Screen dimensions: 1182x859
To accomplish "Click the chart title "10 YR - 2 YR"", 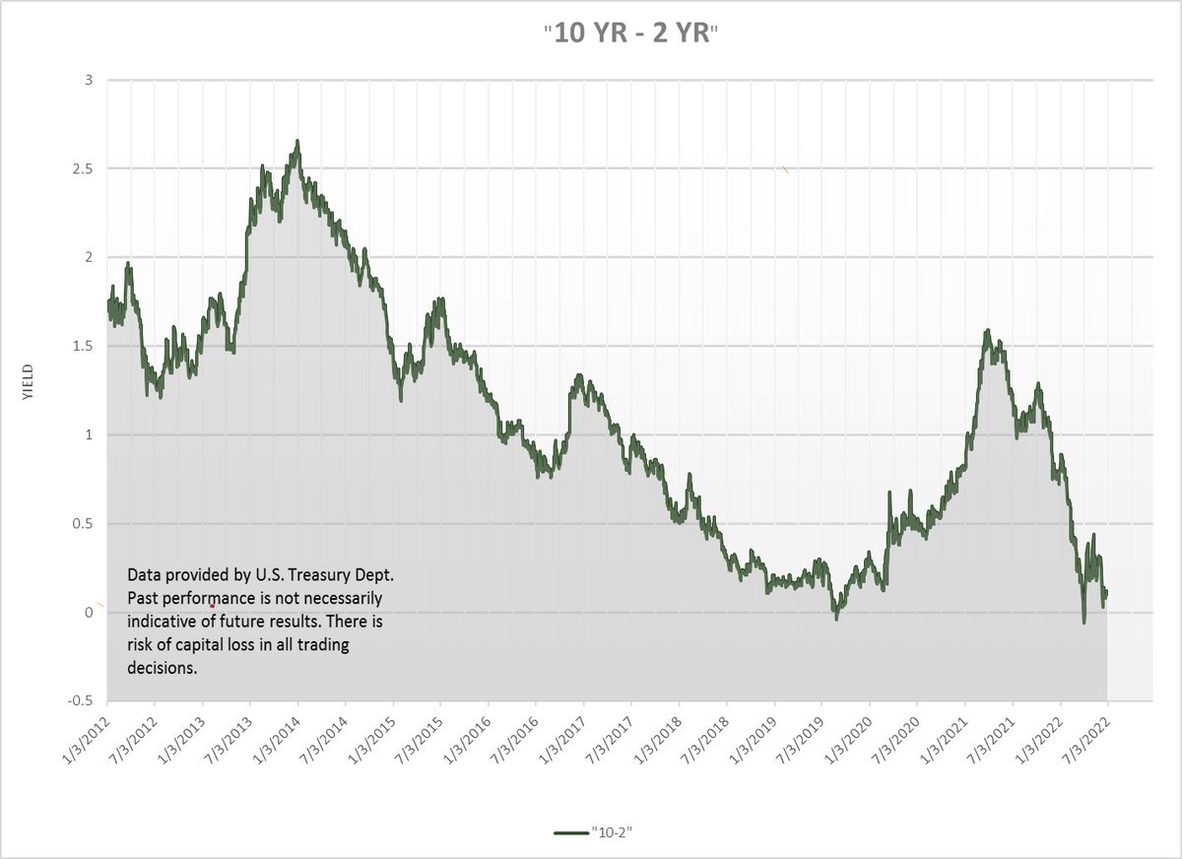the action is [x=631, y=33].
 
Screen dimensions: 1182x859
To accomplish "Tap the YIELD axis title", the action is [x=28, y=381].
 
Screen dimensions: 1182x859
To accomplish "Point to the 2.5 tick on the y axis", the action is [x=84, y=168].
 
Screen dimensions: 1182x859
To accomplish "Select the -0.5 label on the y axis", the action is [x=80, y=700].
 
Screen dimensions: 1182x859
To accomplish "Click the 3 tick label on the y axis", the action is [x=90, y=80].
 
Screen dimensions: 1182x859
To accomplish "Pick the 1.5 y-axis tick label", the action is [x=84, y=346].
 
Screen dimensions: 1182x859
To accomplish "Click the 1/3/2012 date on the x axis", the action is [x=87, y=739].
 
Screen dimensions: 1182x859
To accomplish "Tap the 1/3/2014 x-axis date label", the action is [x=277, y=739].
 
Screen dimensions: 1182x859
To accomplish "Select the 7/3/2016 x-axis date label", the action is [x=515, y=739].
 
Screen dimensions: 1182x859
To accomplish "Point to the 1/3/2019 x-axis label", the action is [x=754, y=739].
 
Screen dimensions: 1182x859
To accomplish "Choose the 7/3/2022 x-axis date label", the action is [x=1087, y=739].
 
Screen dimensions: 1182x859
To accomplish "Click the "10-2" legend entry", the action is [x=593, y=832].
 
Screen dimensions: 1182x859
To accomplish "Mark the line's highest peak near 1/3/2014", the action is [x=297, y=141].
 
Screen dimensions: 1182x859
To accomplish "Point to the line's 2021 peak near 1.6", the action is [x=988, y=330].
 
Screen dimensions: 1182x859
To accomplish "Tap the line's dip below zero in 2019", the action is [x=836, y=619].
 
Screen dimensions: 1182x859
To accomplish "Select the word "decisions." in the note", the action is [x=162, y=668].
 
